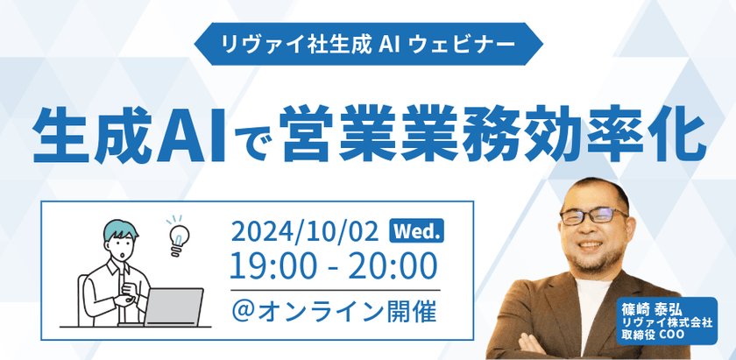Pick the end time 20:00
coord(393,263)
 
